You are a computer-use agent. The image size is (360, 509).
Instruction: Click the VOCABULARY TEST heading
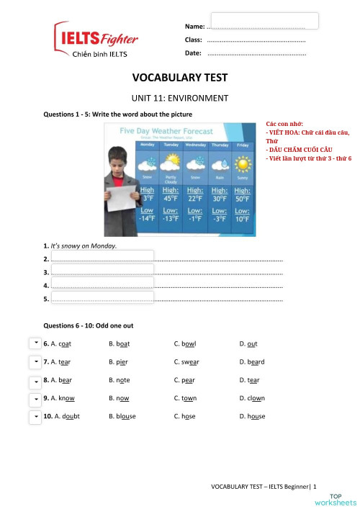pos(179,78)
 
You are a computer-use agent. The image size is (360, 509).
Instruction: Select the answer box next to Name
pos(264,21)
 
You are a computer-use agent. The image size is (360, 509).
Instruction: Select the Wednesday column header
pos(195,145)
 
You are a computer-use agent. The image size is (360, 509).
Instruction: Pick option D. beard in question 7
pos(252,362)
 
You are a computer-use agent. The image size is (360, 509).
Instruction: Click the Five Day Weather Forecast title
pos(166,132)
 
